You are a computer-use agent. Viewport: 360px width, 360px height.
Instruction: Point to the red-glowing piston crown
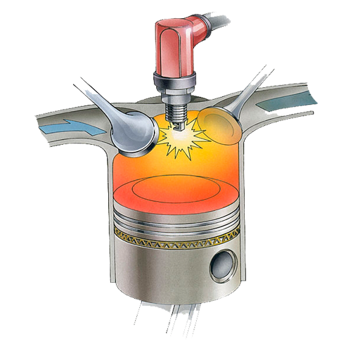pos(176,197)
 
